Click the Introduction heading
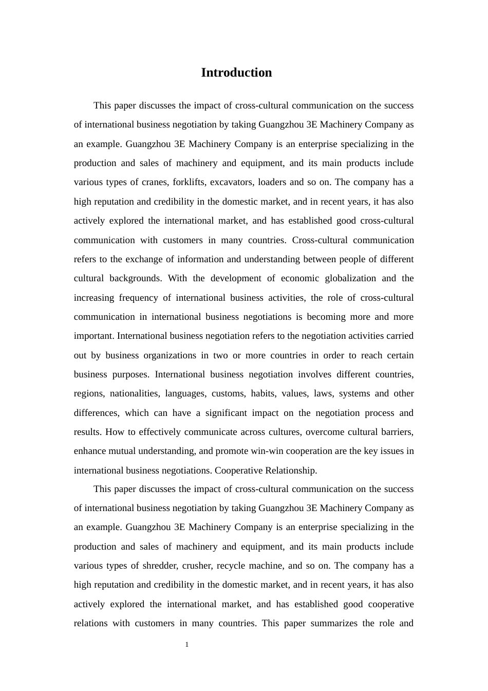236,72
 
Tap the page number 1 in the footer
187,644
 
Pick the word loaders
272,182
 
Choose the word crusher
197,566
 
